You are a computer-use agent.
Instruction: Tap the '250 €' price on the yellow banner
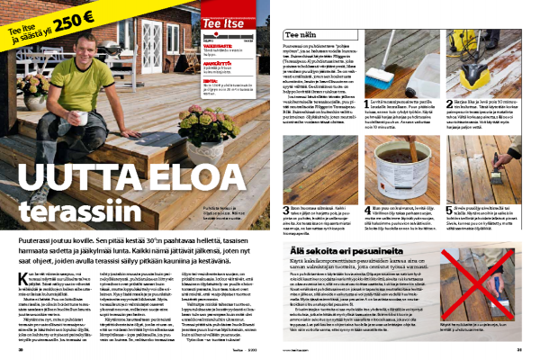tap(75, 19)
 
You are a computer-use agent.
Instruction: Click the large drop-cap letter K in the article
tap(23, 248)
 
